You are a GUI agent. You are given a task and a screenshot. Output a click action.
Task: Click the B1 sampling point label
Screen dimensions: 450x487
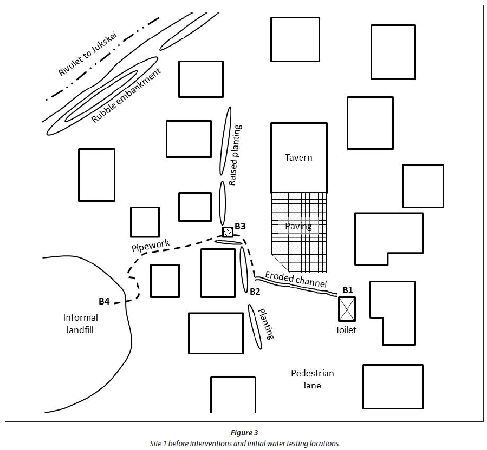347,290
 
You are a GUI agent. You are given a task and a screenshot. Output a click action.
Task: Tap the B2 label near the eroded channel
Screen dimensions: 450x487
255,292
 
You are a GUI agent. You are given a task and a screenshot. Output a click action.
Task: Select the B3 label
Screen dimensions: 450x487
241,226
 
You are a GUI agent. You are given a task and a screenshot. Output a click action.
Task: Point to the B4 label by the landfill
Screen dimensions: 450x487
105,301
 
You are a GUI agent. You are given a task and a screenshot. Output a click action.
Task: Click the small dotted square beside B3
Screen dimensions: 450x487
228,232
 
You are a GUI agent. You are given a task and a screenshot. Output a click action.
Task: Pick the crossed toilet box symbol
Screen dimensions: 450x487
347,309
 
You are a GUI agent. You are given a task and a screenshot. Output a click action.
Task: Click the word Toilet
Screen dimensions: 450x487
346,329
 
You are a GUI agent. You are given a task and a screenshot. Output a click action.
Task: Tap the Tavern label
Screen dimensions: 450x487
298,157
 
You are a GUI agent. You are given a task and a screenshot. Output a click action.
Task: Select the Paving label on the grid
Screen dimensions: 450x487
298,226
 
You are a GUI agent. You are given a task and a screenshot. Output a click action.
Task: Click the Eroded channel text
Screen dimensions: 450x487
296,279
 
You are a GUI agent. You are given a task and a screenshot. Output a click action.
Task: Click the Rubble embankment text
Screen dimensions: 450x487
127,96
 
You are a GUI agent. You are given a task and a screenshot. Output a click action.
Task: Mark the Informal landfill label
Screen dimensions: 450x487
81,323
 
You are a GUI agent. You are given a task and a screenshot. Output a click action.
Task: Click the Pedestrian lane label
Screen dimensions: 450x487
312,379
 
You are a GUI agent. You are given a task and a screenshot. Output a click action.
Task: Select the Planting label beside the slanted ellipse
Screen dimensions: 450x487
267,324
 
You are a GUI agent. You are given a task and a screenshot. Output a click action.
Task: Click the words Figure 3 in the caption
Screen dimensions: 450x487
244,433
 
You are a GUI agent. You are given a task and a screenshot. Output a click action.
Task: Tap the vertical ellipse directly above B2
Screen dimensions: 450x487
244,269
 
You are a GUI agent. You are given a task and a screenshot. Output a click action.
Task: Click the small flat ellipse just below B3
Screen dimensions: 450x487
228,242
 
